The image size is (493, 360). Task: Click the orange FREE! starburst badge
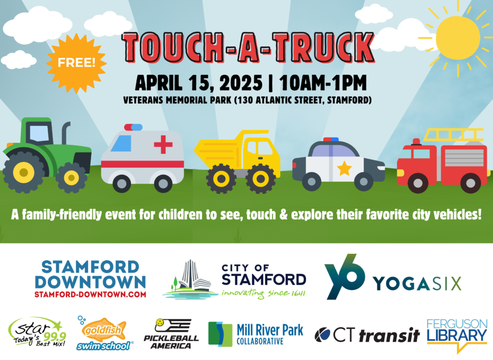[76, 62]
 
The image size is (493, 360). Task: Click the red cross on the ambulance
[163, 144]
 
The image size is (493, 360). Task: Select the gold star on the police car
[345, 168]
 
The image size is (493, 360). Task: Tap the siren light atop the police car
[331, 139]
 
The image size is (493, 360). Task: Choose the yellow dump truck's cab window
[264, 148]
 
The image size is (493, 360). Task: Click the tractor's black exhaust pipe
[64, 132]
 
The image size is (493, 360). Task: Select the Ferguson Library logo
[457, 335]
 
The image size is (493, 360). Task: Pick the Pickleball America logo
[171, 333]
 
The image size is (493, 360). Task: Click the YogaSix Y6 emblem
[345, 277]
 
